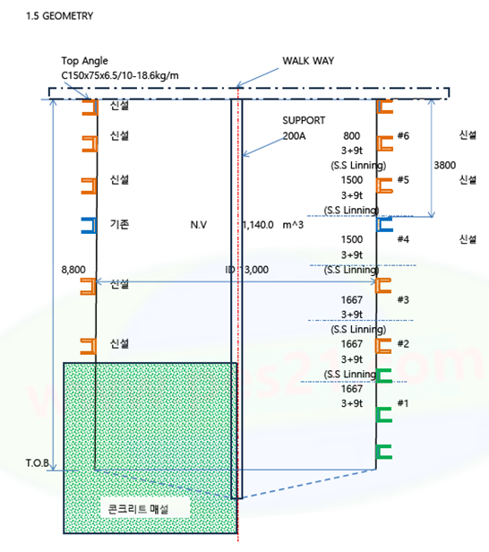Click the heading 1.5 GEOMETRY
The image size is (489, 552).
tap(59, 16)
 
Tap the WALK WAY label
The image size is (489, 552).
tap(308, 61)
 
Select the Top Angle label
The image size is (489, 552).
tap(84, 61)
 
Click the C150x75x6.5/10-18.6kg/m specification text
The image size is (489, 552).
tap(120, 75)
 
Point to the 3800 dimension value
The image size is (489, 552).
tap(445, 165)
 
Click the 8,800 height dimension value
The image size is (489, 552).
tap(73, 270)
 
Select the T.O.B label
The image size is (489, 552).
tap(38, 463)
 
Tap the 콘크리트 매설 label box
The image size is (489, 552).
tap(138, 509)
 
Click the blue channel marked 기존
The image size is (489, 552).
tap(89, 225)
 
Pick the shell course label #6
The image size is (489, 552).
tap(403, 136)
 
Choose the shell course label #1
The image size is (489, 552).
tap(403, 403)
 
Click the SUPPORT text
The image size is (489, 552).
tap(304, 120)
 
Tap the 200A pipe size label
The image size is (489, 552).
tap(294, 136)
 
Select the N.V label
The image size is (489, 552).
tap(199, 225)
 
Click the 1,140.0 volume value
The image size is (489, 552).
tap(258, 225)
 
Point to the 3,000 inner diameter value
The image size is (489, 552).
tap(256, 270)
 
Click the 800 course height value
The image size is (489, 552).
tap(351, 136)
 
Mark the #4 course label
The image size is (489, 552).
tap(403, 239)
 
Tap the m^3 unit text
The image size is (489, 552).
tap(293, 225)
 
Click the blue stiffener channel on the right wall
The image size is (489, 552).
tap(384, 225)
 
